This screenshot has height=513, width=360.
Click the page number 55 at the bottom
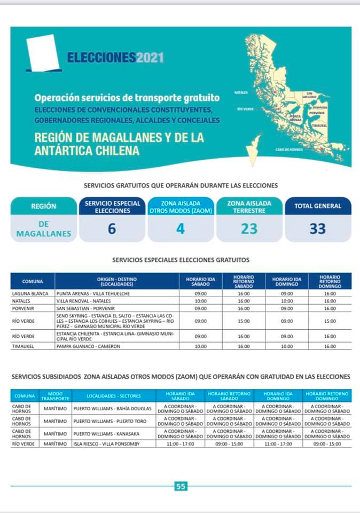(181, 486)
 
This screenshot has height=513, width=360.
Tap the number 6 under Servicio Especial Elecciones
(111, 229)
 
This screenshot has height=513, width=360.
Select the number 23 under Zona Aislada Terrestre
(249, 229)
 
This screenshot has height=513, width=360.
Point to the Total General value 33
(317, 229)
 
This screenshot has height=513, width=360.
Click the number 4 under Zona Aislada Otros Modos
(180, 229)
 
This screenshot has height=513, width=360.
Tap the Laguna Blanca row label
(30, 293)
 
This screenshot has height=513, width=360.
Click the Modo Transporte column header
(55, 396)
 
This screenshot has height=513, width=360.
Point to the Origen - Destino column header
(118, 281)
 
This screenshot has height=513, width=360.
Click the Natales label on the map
(241, 92)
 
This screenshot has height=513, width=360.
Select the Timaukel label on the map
(319, 126)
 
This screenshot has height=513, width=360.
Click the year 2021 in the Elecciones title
(150, 58)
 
